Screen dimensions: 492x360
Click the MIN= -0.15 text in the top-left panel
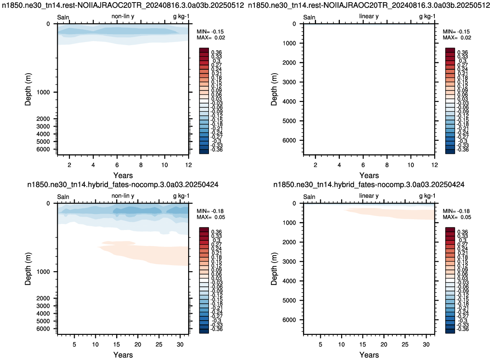(210, 32)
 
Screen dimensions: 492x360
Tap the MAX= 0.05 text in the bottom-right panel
(457, 217)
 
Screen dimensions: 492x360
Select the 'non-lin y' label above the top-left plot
(123, 16)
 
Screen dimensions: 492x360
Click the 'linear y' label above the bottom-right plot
(369, 196)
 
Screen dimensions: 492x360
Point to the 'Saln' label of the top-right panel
(309, 18)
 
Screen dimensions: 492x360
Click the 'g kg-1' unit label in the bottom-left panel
(181, 196)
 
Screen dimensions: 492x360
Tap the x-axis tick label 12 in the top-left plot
(189, 165)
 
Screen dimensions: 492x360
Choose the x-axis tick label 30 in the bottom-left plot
(180, 344)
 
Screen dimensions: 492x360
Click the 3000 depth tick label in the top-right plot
(289, 82)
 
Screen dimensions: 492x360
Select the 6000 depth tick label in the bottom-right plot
(289, 320)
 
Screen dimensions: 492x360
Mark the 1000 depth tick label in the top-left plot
(43, 92)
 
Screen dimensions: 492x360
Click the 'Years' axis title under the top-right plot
(369, 175)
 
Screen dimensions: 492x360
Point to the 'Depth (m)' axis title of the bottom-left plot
(28, 269)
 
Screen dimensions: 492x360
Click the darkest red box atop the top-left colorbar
(204, 50)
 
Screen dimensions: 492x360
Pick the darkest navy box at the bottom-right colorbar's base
(450, 331)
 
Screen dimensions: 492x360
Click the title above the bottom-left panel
(123, 185)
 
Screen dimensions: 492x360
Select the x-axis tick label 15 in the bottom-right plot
(362, 344)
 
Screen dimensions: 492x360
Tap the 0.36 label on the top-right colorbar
(463, 52)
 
